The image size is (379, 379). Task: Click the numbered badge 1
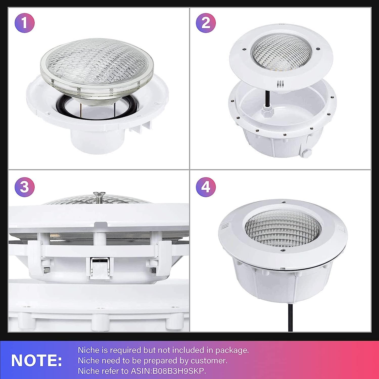25,23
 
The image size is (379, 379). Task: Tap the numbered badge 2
206,23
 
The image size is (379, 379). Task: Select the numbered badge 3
25,187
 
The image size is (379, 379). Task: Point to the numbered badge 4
206,187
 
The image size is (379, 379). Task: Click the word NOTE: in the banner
37,360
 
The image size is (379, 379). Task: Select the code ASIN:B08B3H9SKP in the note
168,371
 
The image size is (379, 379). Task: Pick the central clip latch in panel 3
100,268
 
